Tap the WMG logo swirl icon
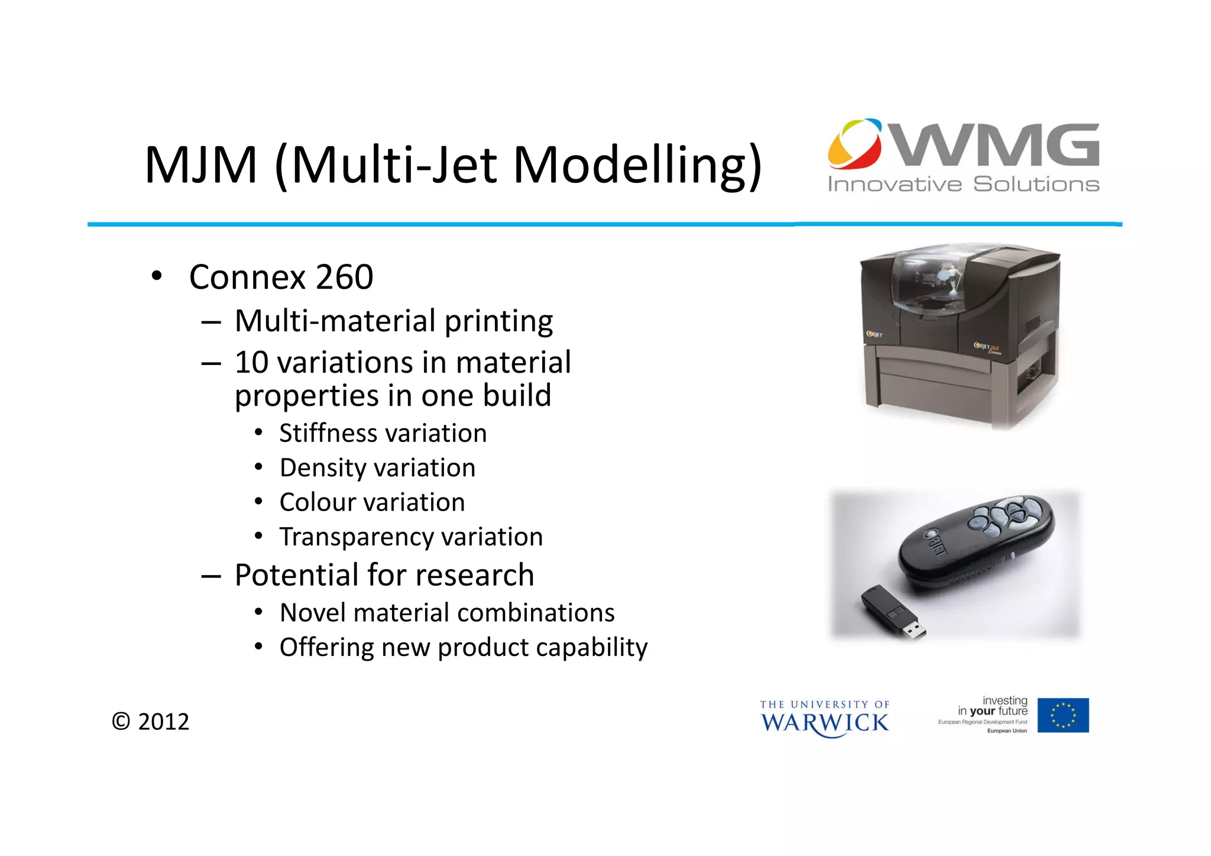[855, 143]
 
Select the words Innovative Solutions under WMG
[963, 185]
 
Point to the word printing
[498, 322]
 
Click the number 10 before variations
[251, 363]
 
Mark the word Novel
[312, 613]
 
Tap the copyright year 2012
[163, 722]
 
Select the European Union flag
[1063, 715]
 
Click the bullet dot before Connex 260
[156, 276]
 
